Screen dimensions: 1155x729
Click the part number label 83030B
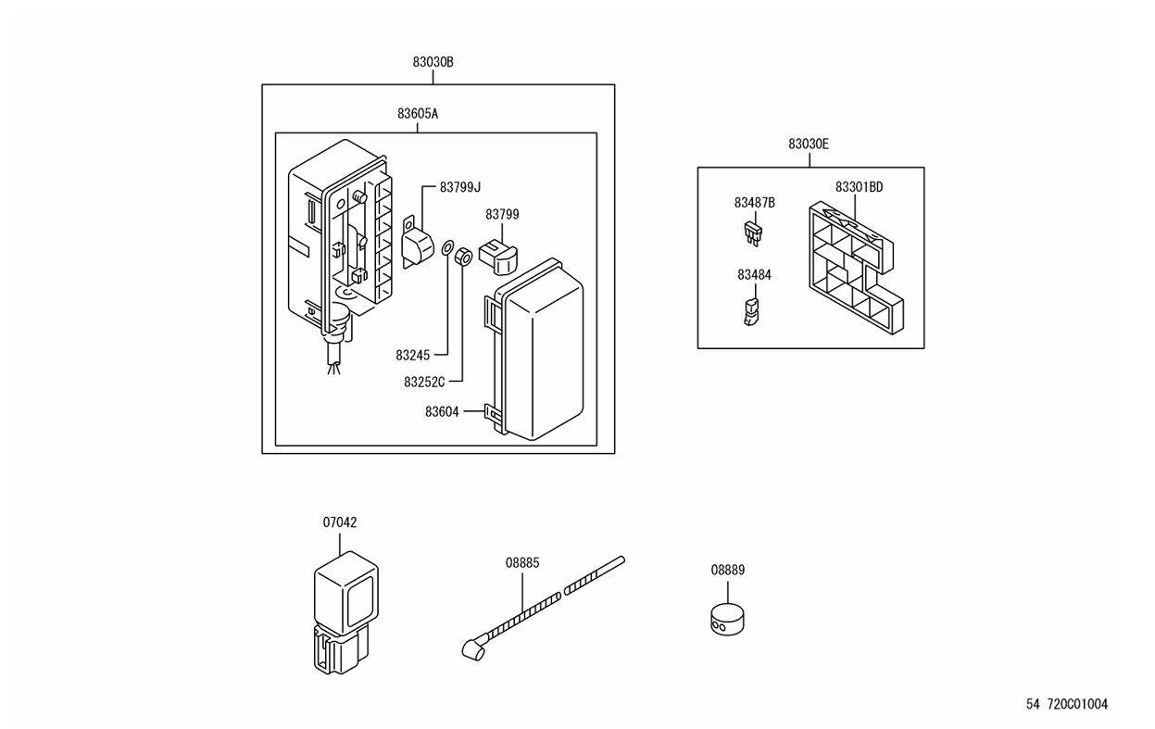tap(433, 62)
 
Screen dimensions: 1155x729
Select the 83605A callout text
tap(417, 113)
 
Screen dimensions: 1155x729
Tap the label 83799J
tap(460, 187)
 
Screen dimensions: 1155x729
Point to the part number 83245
tap(412, 355)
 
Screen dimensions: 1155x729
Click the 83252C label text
tap(424, 382)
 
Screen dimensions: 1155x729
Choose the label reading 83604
tap(442, 412)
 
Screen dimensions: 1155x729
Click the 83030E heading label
tap(809, 145)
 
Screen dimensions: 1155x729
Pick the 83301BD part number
tap(859, 187)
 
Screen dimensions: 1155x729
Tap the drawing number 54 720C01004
tap(1067, 704)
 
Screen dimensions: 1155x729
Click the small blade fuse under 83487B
tap(753, 233)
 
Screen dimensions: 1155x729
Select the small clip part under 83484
tap(752, 311)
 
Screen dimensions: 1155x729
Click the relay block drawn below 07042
tap(346, 612)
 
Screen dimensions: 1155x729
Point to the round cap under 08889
tap(727, 619)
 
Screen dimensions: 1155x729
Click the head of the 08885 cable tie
tap(472, 650)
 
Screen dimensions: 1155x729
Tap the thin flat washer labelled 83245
tap(447, 247)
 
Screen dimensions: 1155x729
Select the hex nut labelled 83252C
tap(463, 257)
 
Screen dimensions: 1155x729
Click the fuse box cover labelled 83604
tap(534, 349)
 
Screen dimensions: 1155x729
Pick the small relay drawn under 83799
tap(498, 258)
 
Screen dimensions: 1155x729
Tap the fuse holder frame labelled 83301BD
tap(856, 268)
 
